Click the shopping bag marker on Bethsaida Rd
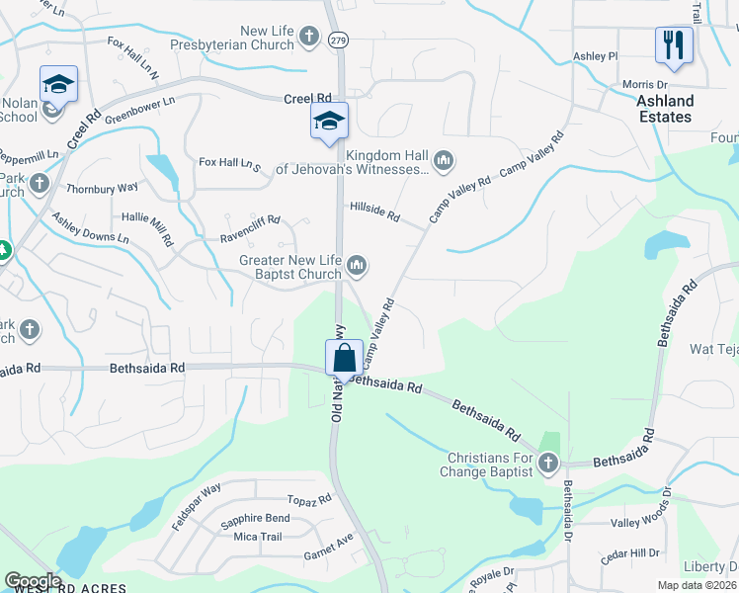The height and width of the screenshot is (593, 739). click(x=344, y=357)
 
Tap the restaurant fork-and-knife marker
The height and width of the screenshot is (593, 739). click(x=673, y=44)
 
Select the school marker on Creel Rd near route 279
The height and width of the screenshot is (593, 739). click(x=329, y=122)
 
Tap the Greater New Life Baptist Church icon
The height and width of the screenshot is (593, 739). click(x=358, y=265)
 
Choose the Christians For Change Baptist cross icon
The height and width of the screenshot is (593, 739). click(x=549, y=464)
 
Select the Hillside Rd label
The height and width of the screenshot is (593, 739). click(x=374, y=214)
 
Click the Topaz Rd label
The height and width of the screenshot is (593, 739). click(x=309, y=501)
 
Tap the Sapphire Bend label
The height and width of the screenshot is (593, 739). click(x=255, y=518)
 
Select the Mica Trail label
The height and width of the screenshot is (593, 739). click(x=258, y=537)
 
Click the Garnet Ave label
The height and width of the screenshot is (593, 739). click(x=328, y=546)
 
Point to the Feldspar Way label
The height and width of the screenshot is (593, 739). click(x=197, y=507)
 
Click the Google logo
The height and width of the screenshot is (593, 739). click(x=33, y=581)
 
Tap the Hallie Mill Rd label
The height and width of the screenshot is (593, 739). click(x=147, y=229)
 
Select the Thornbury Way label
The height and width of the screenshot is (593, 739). click(x=102, y=187)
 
